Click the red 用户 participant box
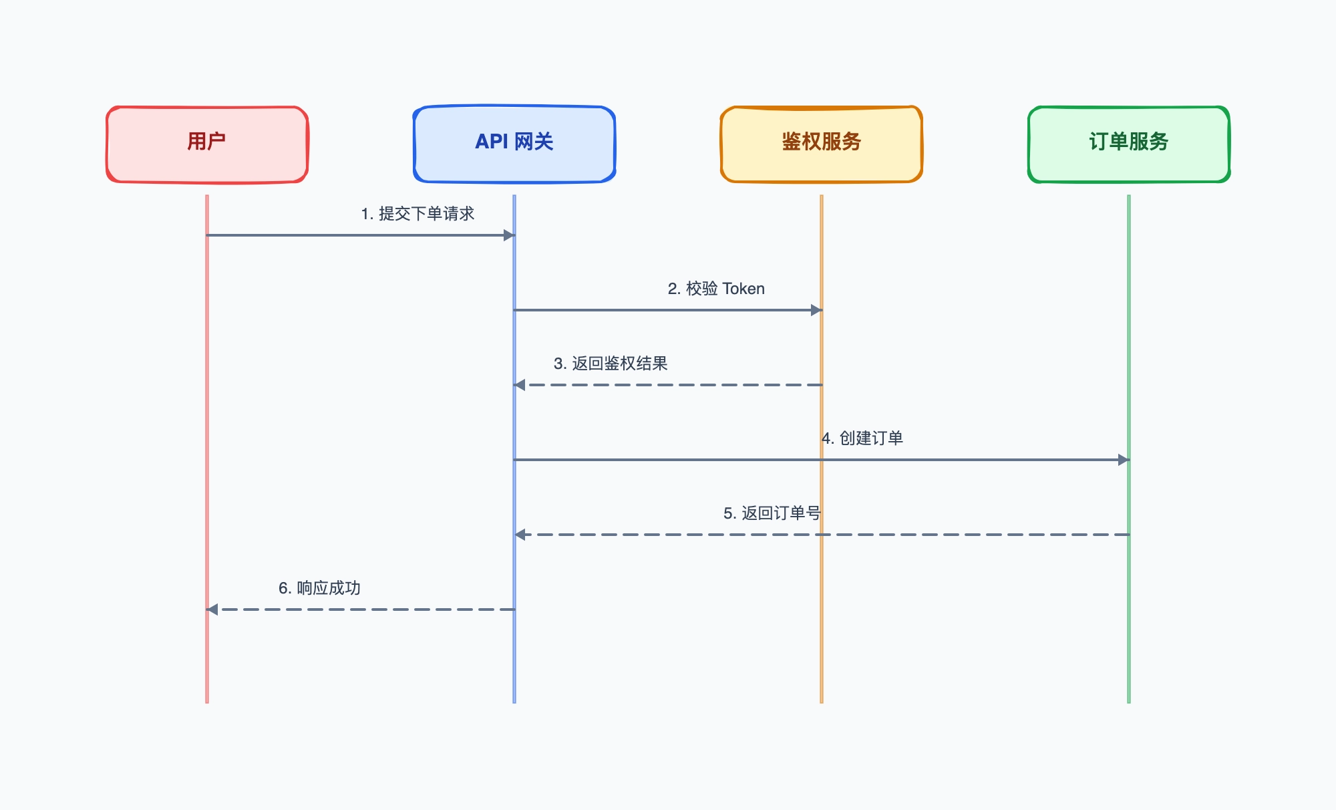tap(207, 144)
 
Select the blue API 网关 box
tap(514, 144)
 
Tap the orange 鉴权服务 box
tap(822, 144)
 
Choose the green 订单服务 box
tap(1129, 144)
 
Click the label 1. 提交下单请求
tap(417, 214)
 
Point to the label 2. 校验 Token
tap(716, 289)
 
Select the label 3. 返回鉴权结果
tap(611, 364)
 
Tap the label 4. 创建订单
tap(862, 438)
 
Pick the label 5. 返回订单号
tap(772, 513)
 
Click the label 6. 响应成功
tap(319, 588)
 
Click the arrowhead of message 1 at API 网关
tap(509, 235)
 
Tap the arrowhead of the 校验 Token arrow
tap(816, 310)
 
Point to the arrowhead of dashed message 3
tap(520, 385)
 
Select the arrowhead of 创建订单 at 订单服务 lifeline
tap(1124, 460)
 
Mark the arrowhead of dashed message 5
tap(520, 535)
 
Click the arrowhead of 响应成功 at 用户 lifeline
tap(212, 610)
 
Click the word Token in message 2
tap(743, 289)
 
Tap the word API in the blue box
tap(492, 142)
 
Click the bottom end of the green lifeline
tap(1129, 702)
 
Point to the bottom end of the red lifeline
tap(207, 702)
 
